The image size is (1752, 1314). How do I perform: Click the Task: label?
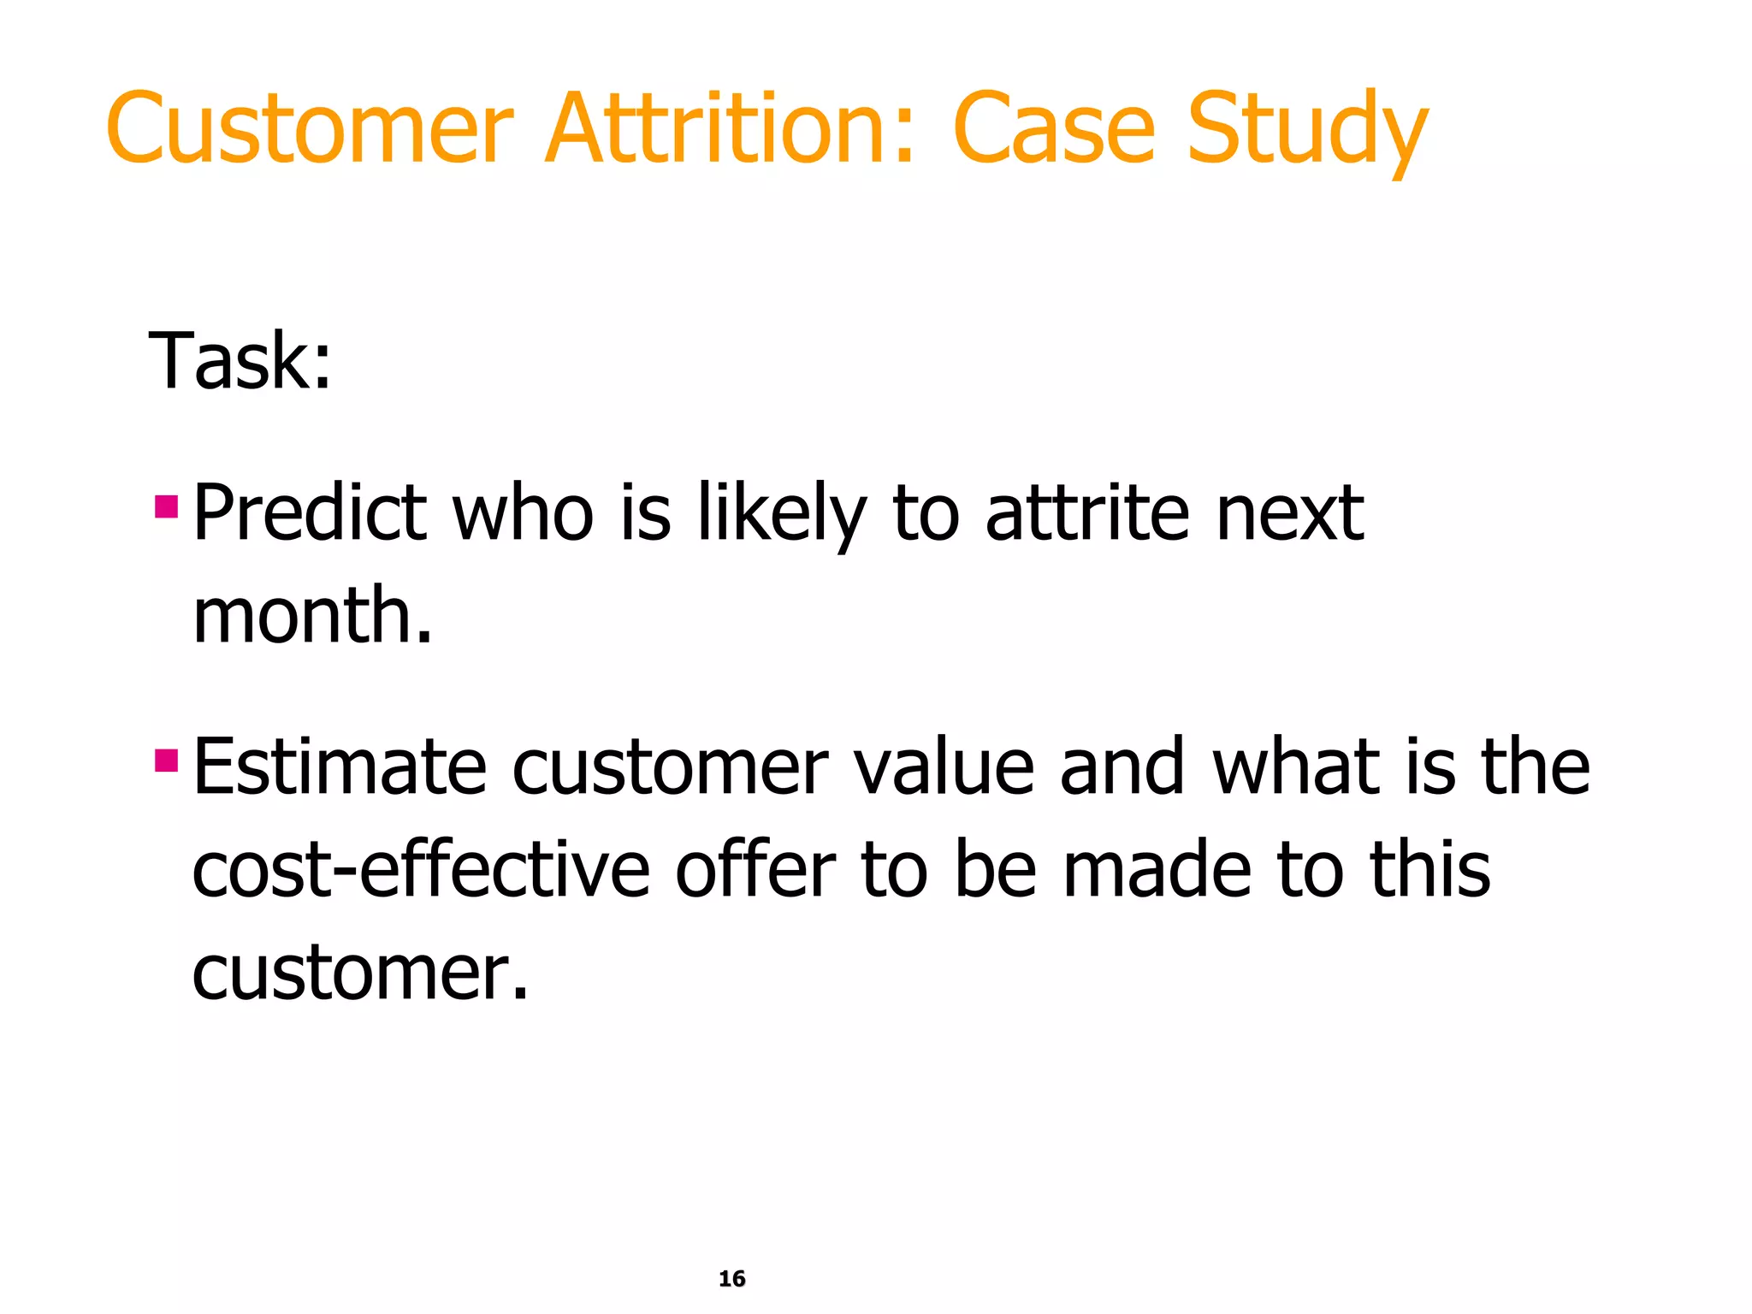click(240, 361)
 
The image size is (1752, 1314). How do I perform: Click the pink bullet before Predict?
click(166, 506)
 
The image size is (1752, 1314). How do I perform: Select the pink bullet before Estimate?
click(166, 760)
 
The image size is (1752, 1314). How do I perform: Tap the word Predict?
click(310, 513)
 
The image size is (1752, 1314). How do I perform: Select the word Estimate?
click(340, 767)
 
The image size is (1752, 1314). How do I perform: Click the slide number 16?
click(732, 1279)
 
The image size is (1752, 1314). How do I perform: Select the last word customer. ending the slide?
click(359, 974)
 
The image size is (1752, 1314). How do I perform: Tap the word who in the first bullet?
click(523, 513)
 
